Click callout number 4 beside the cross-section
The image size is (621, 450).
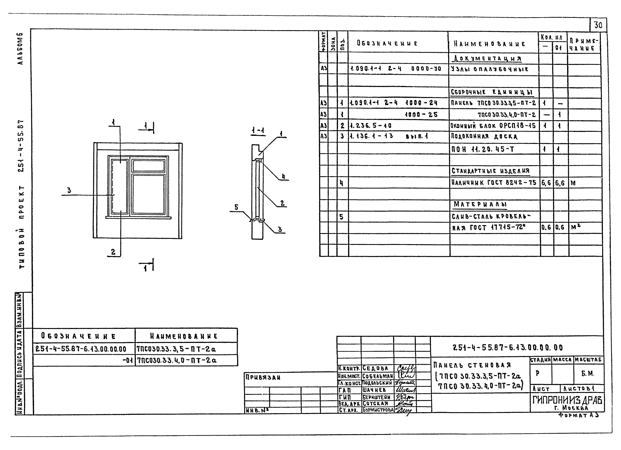point(283,177)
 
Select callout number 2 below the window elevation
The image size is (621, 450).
point(113,252)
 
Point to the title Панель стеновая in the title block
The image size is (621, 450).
point(472,365)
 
